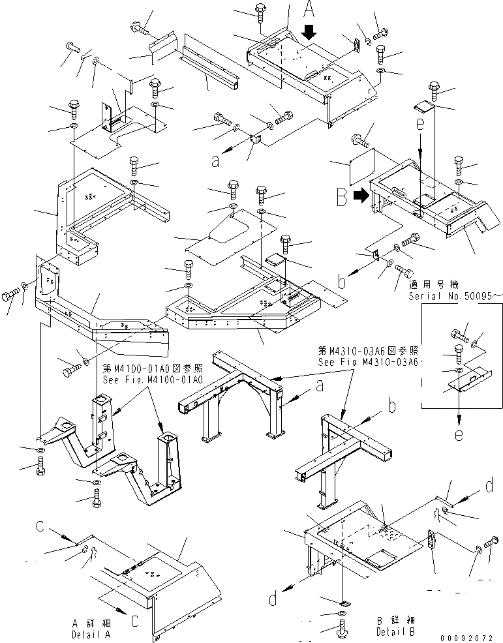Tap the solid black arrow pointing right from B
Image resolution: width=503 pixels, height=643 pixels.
click(360, 194)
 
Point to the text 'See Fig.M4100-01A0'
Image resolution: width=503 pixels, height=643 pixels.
click(151, 380)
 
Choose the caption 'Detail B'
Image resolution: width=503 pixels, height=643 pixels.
click(395, 631)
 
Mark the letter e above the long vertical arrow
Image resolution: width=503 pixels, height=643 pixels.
click(421, 123)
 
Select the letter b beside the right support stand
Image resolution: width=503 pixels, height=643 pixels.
click(392, 406)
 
